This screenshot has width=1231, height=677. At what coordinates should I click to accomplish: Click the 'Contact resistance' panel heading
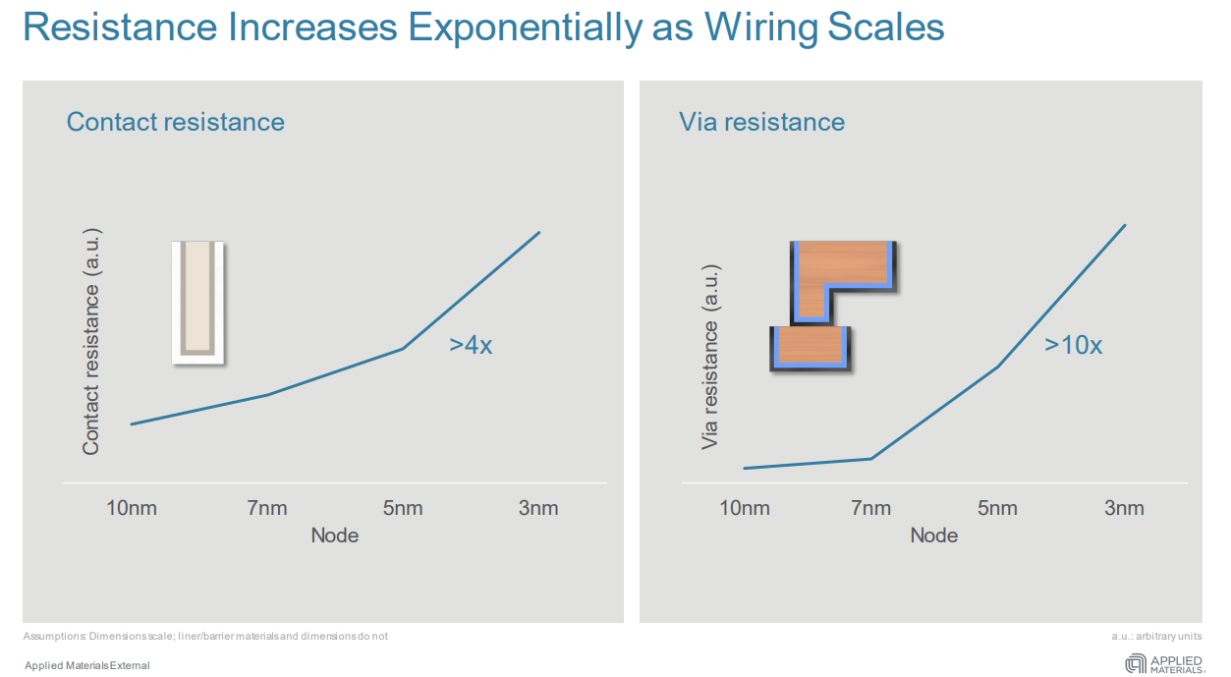(x=175, y=122)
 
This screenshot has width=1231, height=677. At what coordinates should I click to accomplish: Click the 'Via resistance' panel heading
(x=761, y=122)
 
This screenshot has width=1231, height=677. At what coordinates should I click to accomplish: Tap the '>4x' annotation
(x=471, y=345)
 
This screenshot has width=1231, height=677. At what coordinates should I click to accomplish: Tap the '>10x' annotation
(x=1073, y=345)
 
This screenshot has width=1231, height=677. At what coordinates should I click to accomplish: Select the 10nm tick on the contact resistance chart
(x=132, y=508)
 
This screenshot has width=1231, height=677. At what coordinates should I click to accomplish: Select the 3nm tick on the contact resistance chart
(x=538, y=508)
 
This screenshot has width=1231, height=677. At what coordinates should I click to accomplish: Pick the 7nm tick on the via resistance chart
(x=871, y=508)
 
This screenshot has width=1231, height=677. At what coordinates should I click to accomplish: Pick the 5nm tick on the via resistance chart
(x=997, y=508)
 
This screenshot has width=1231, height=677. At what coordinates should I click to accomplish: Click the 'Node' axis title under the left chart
(x=335, y=536)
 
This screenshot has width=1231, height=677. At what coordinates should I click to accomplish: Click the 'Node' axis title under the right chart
(x=934, y=536)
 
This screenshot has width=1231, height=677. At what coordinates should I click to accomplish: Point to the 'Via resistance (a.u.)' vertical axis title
(x=710, y=357)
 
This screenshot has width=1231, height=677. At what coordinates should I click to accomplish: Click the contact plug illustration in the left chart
(x=197, y=302)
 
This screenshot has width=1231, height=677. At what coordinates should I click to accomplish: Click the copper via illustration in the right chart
(x=833, y=305)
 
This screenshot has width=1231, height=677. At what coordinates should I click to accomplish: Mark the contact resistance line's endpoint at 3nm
(x=539, y=233)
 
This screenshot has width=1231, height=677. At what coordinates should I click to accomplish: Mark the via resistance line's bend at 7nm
(x=870, y=458)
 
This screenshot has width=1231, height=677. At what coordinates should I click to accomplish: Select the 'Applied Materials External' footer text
(x=87, y=665)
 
